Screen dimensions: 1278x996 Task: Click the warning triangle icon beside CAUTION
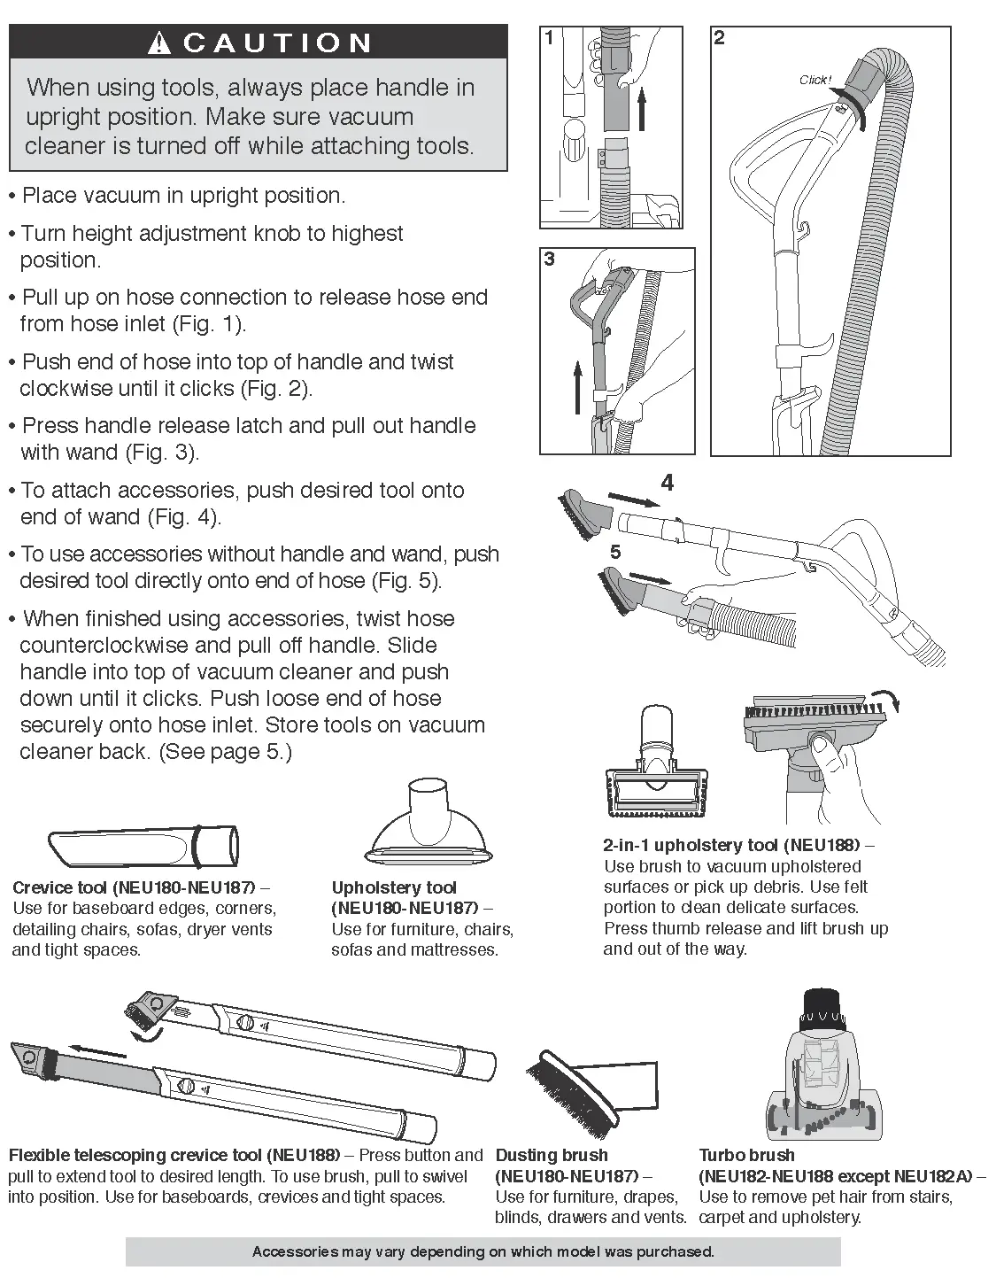click(x=159, y=43)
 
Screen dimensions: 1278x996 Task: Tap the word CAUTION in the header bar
click(x=278, y=43)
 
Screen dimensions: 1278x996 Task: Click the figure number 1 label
click(x=550, y=38)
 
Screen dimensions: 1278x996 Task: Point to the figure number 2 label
click(x=719, y=38)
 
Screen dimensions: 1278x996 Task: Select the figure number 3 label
click(x=550, y=259)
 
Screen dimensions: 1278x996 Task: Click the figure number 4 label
click(x=667, y=483)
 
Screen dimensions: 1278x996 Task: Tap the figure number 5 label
click(x=615, y=552)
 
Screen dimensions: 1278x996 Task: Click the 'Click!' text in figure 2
click(x=815, y=81)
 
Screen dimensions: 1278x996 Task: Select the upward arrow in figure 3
click(x=576, y=386)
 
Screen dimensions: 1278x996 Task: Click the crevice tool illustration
click(x=143, y=848)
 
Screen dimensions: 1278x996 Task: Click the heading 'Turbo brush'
click(x=746, y=1155)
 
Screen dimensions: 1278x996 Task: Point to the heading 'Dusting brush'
click(x=552, y=1155)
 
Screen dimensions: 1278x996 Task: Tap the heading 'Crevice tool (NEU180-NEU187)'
click(x=133, y=887)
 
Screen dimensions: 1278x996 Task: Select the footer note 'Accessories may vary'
click(x=483, y=1251)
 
